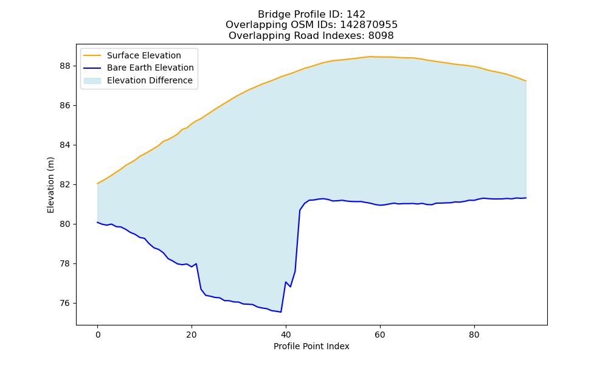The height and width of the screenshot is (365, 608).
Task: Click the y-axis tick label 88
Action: [66, 66]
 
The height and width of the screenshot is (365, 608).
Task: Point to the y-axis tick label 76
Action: [66, 304]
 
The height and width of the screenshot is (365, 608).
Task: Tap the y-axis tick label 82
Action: [66, 185]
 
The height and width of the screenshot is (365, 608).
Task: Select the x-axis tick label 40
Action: [286, 335]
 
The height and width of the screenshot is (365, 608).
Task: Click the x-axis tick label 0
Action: [98, 335]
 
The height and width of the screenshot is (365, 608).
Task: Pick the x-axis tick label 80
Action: [474, 335]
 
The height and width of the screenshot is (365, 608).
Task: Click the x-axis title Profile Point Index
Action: [311, 346]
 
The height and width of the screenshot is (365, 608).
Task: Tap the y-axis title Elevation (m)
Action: [50, 185]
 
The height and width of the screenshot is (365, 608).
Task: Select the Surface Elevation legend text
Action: [144, 55]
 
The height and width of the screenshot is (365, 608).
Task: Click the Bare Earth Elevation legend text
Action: [150, 68]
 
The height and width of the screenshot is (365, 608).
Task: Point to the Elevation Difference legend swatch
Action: [92, 81]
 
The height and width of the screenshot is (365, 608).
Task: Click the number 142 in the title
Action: [356, 15]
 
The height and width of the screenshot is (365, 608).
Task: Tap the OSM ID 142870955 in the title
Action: [369, 25]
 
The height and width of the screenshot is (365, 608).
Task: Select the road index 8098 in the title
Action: [381, 36]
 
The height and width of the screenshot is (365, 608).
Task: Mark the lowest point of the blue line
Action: [281, 312]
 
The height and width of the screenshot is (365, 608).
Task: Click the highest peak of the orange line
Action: [370, 57]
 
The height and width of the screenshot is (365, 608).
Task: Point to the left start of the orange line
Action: [97, 184]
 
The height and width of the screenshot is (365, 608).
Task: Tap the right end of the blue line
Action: [526, 198]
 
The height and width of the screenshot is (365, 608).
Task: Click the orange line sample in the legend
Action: [92, 55]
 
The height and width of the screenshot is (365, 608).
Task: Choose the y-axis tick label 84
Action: [66, 145]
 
